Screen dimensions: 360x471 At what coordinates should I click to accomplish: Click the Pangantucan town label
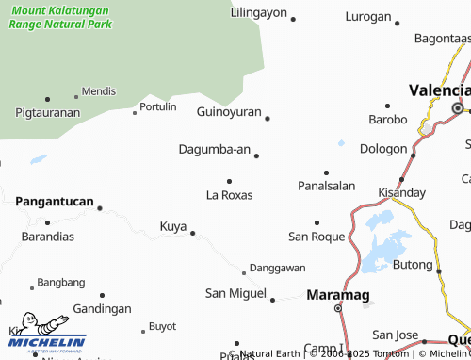pyautogui.click(x=55, y=202)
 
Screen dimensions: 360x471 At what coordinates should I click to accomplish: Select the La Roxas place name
pyautogui.click(x=229, y=195)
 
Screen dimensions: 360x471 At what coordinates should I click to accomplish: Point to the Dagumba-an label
pyautogui.click(x=215, y=149)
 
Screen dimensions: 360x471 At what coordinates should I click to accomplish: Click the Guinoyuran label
pyautogui.click(x=229, y=111)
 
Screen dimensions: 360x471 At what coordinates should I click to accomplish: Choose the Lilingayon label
pyautogui.click(x=258, y=12)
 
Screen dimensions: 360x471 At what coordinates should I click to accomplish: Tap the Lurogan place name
pyautogui.click(x=368, y=16)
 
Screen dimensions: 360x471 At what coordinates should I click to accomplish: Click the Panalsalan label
pyautogui.click(x=326, y=186)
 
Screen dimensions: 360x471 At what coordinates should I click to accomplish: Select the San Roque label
pyautogui.click(x=317, y=236)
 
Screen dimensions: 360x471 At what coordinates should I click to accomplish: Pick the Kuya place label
pyautogui.click(x=172, y=226)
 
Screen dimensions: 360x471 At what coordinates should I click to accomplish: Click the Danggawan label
pyautogui.click(x=278, y=268)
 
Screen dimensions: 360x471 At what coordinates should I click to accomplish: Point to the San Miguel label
pyautogui.click(x=235, y=294)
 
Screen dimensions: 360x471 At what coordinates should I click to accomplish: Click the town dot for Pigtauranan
pyautogui.click(x=47, y=98)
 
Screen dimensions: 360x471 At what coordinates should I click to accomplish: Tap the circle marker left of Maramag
pyautogui.click(x=340, y=306)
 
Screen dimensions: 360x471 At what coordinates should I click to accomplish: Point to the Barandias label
pyautogui.click(x=47, y=237)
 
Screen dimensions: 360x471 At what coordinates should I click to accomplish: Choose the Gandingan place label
pyautogui.click(x=102, y=308)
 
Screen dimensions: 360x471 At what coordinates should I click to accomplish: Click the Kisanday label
pyautogui.click(x=401, y=192)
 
